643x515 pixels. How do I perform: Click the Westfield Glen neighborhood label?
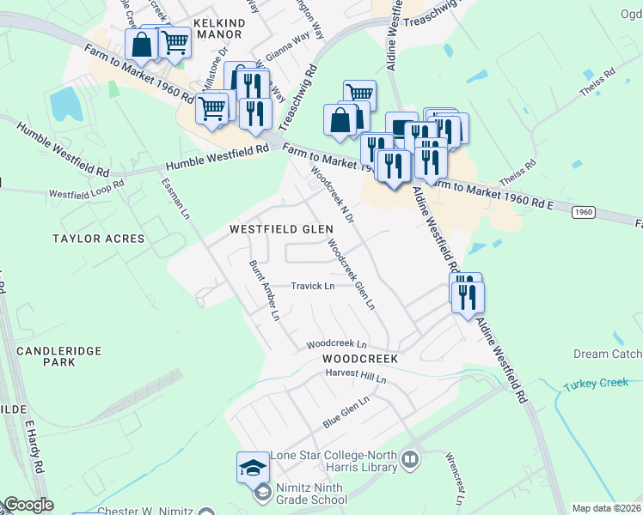(x=281, y=230)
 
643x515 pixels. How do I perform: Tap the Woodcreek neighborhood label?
(x=360, y=358)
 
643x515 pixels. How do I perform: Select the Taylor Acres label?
(x=98, y=238)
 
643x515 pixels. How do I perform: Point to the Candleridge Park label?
(x=58, y=356)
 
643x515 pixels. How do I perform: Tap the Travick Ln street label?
(x=312, y=286)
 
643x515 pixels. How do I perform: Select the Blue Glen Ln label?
(x=346, y=412)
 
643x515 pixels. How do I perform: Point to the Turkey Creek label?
(x=597, y=383)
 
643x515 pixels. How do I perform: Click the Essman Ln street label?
(x=174, y=199)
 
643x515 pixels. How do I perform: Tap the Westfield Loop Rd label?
(x=86, y=193)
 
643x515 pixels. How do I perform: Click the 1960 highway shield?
(x=582, y=211)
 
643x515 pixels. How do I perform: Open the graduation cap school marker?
(x=253, y=466)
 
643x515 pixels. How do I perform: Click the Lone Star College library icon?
(x=410, y=460)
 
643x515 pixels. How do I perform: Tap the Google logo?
(x=28, y=505)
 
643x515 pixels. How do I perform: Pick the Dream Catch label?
(x=607, y=354)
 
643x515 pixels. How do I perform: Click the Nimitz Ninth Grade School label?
(x=309, y=494)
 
